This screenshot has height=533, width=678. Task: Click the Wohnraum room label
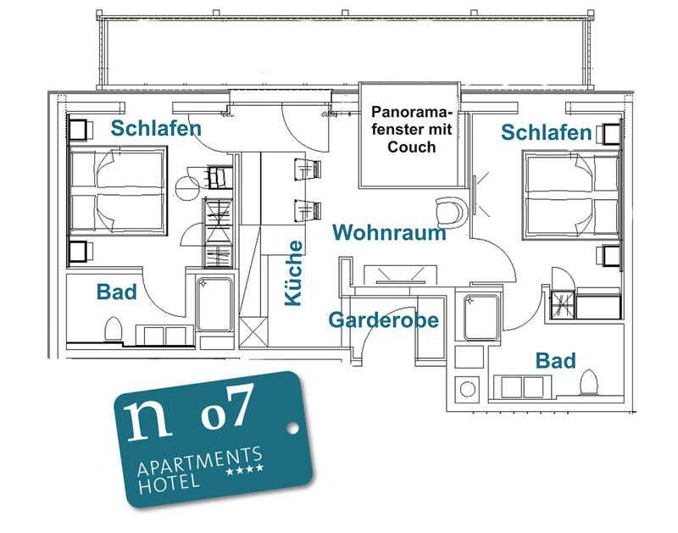tap(389, 232)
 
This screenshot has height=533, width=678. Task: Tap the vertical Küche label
tap(293, 273)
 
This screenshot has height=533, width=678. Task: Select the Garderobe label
tap(384, 320)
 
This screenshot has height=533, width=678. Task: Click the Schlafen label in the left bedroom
tap(156, 129)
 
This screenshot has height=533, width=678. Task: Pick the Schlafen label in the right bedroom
tap(546, 132)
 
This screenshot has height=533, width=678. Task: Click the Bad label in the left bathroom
tap(116, 291)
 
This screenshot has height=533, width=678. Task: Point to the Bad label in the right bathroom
tap(556, 360)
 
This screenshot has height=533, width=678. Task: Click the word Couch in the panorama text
tap(412, 147)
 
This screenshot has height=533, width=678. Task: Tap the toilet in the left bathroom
tap(114, 329)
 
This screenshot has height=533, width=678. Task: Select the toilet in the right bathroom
tap(588, 381)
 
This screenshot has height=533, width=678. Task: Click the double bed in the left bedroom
tap(117, 191)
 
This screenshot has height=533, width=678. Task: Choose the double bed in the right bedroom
tap(571, 194)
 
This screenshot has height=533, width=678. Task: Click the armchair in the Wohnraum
tap(452, 211)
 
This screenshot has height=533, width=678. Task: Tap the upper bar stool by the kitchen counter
tap(308, 168)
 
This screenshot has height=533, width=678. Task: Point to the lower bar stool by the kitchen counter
tap(308, 210)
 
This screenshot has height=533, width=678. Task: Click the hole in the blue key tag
tap(292, 428)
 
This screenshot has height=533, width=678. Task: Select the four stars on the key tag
tap(245, 469)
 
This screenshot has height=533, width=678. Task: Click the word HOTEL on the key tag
tap(169, 484)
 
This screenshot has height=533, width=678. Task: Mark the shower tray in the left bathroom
tap(214, 304)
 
